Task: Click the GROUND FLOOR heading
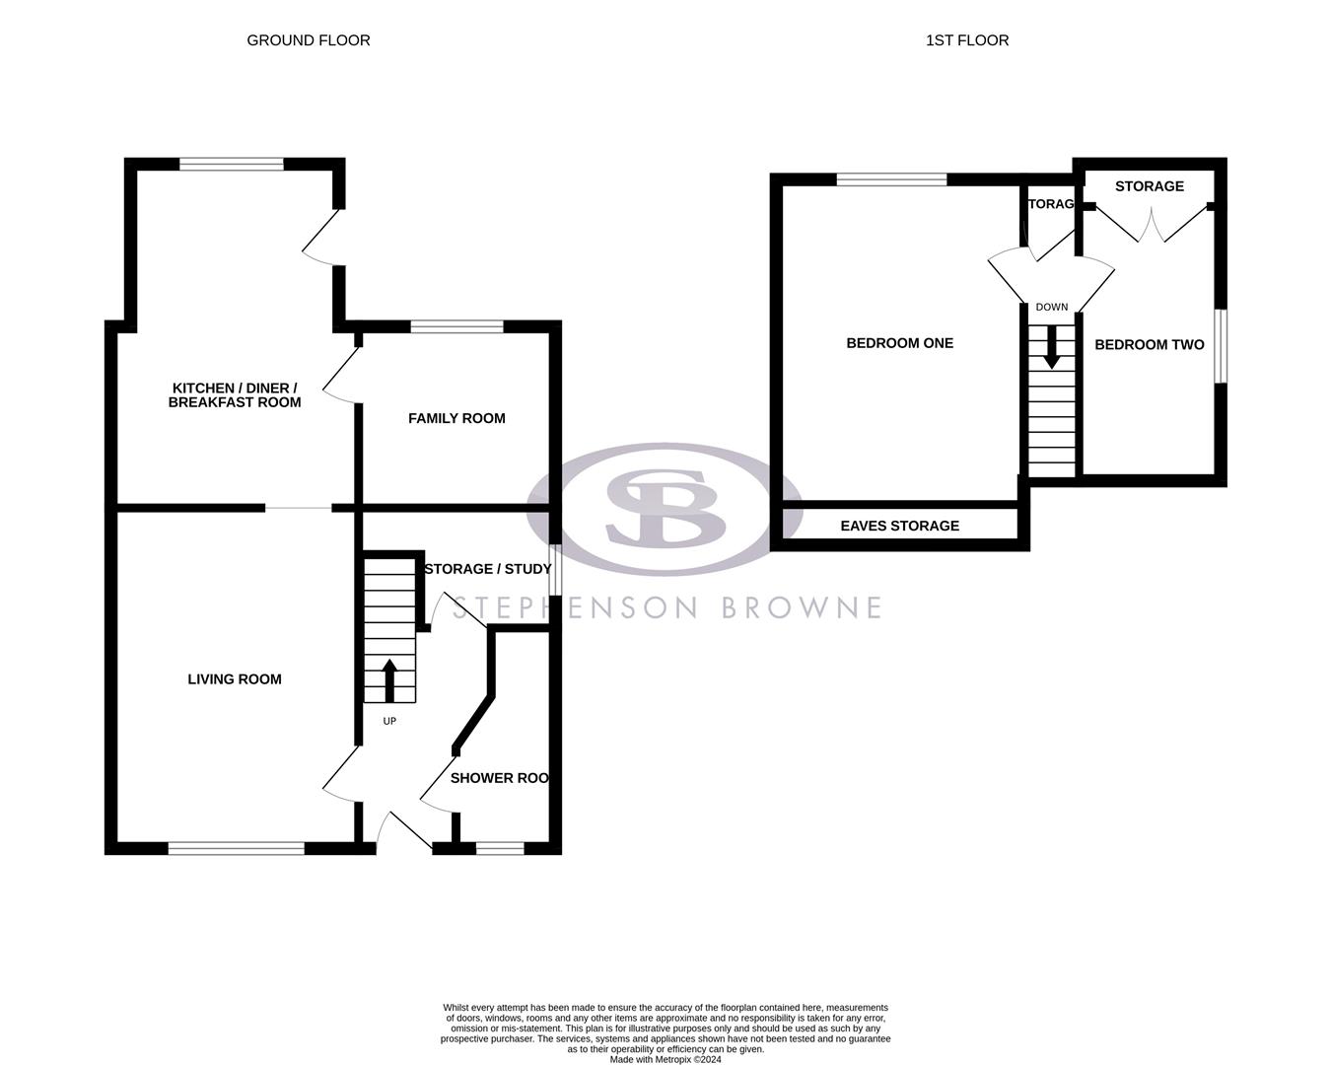pos(309,40)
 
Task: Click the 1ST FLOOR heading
pos(967,40)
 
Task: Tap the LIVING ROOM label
pos(235,678)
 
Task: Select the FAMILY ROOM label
pos(456,418)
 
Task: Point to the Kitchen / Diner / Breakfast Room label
pos(235,394)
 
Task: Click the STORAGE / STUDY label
pos(487,569)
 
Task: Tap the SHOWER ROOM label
pos(499,778)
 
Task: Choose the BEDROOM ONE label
pos(899,343)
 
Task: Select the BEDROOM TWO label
pos(1149,344)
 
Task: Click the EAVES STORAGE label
pos(899,526)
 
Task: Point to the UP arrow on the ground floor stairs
pos(389,679)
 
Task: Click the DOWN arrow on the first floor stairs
pos(1052,346)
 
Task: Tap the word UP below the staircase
pos(389,721)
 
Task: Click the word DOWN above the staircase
pos(1052,307)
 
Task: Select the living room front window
pos(237,848)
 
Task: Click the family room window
pos(456,326)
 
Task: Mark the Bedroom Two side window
pos(1220,346)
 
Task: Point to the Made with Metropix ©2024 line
pos(665,1060)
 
